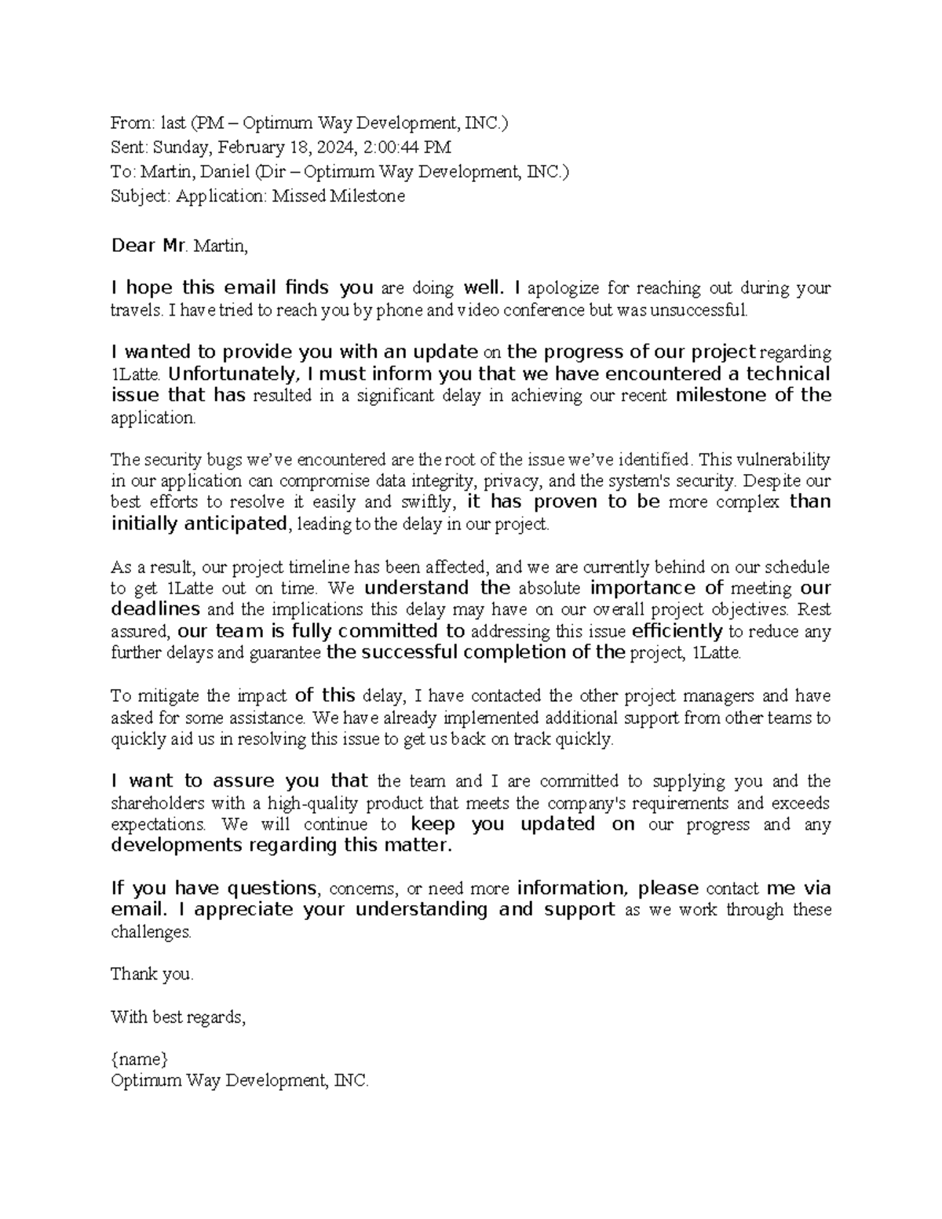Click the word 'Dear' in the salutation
(x=134, y=246)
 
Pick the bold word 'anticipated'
(x=235, y=524)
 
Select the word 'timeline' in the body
(x=320, y=567)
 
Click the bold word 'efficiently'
(x=677, y=631)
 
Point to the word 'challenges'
(x=150, y=932)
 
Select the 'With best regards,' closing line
(x=178, y=1017)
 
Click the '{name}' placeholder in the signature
(x=139, y=1059)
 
